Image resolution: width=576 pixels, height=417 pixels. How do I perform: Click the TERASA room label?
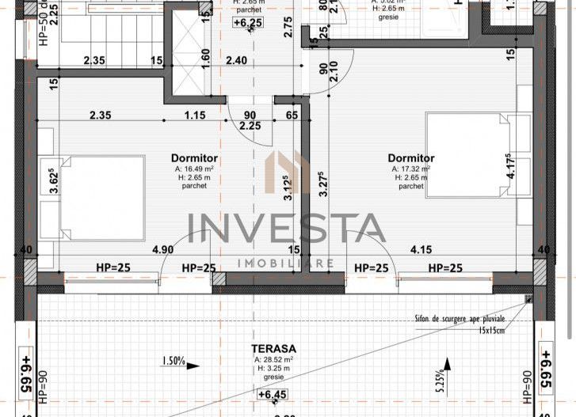tap(274, 348)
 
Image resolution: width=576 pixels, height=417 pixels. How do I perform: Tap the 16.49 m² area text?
tap(192, 169)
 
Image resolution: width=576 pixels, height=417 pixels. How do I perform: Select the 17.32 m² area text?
tap(411, 169)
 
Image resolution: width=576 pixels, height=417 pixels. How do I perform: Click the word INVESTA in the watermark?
tap(287, 229)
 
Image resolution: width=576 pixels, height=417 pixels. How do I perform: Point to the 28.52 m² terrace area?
tap(274, 359)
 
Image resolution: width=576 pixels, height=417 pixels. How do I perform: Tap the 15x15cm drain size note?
tap(481, 330)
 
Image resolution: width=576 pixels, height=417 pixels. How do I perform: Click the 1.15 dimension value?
tap(194, 115)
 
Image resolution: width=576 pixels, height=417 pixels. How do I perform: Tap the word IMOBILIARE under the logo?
tap(287, 263)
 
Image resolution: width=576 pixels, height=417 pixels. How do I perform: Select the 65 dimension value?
tap(292, 115)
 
